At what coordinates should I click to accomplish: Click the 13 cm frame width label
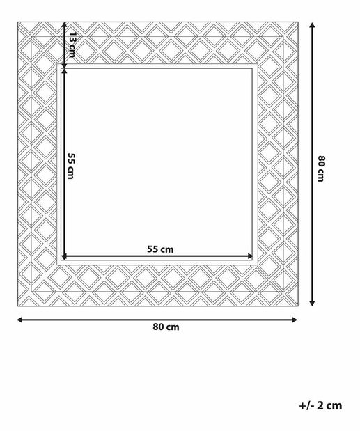(72, 45)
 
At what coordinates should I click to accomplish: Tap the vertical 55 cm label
(71, 166)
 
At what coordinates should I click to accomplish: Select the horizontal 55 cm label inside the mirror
(160, 249)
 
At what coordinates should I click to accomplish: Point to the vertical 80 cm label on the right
(321, 169)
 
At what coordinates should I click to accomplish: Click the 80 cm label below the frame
(166, 327)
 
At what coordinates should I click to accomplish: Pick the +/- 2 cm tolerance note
(320, 406)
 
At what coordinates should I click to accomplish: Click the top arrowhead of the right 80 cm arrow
(312, 25)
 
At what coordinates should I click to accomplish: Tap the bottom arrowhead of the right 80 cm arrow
(312, 303)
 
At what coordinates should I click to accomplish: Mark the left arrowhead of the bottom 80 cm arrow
(19, 320)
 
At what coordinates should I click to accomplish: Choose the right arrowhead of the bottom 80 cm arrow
(295, 320)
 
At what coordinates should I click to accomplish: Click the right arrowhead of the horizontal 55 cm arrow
(250, 256)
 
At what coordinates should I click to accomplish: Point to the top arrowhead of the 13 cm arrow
(64, 25)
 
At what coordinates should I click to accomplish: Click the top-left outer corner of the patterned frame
(18, 22)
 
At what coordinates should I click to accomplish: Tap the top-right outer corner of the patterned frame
(298, 22)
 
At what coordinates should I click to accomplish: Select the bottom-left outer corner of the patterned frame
(18, 306)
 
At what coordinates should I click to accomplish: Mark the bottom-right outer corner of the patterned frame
(298, 306)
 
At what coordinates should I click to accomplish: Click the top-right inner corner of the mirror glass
(253, 68)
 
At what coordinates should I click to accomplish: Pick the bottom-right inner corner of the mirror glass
(253, 260)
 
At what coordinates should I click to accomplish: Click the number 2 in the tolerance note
(321, 406)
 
